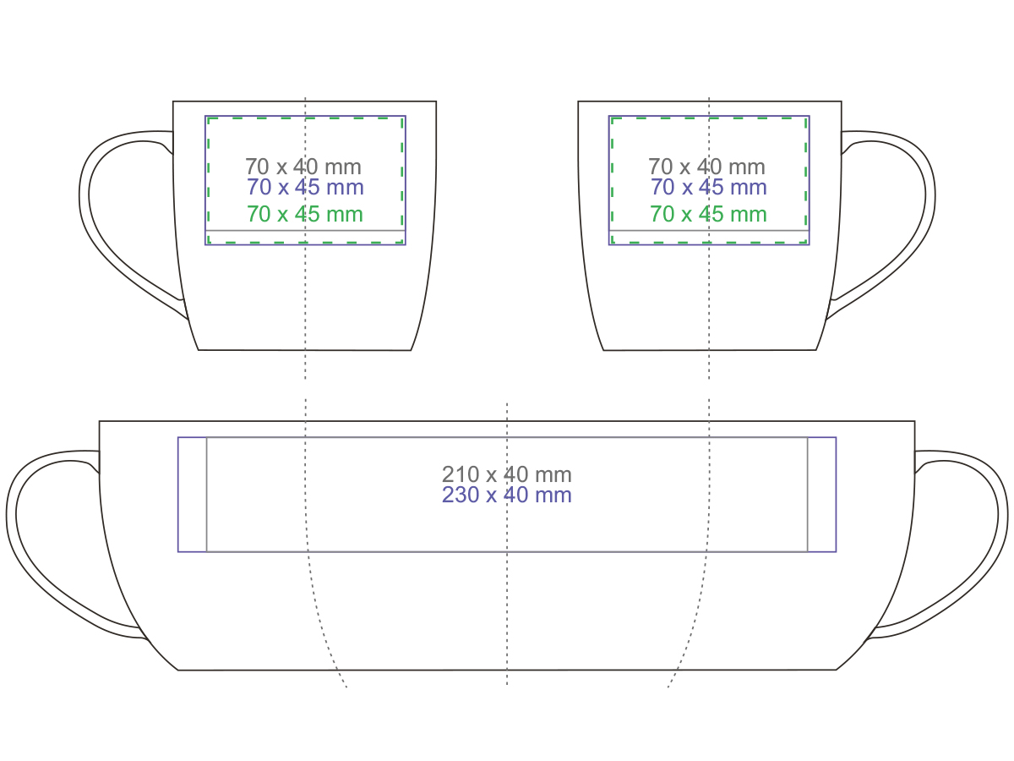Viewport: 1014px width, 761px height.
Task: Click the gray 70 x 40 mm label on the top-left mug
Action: click(x=303, y=167)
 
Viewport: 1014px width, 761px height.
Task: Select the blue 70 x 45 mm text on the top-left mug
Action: click(x=305, y=187)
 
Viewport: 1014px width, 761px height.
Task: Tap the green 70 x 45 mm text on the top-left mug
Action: click(x=305, y=213)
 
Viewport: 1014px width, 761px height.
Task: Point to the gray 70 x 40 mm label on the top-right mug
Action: click(x=706, y=167)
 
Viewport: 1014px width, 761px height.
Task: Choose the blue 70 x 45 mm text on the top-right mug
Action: click(x=709, y=187)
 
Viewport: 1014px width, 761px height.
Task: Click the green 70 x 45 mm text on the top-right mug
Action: click(x=708, y=213)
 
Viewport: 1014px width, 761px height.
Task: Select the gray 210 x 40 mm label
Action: click(x=507, y=474)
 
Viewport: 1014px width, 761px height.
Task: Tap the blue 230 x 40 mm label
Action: click(x=507, y=495)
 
